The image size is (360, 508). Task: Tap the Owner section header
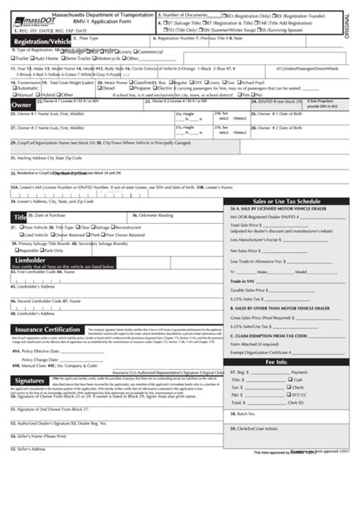point(21,105)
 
